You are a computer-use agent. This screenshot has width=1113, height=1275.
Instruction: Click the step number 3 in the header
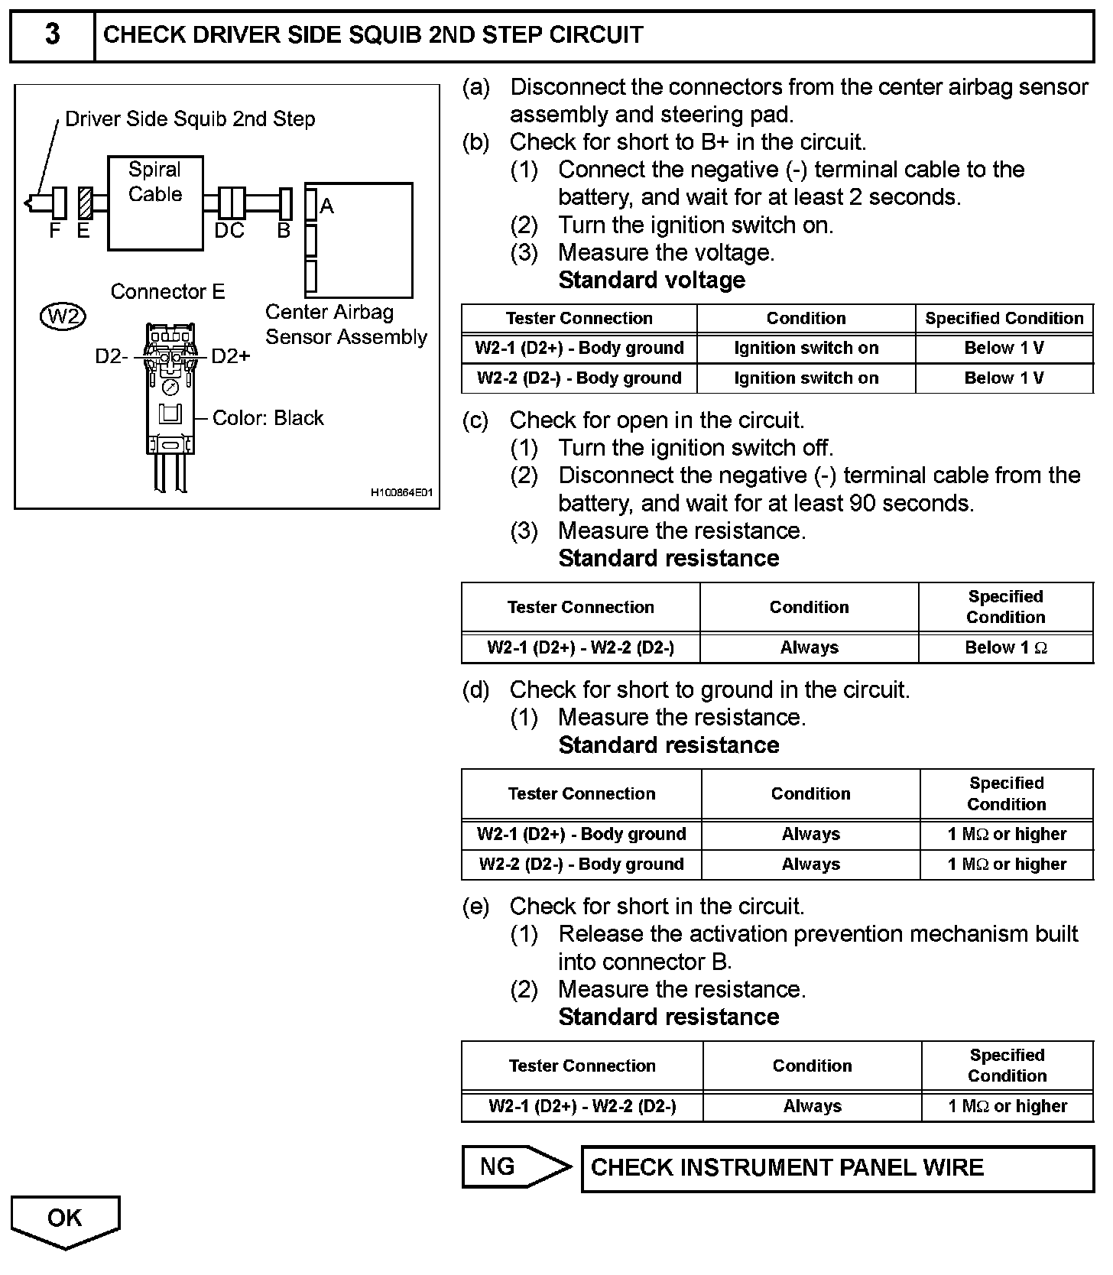pos(52,35)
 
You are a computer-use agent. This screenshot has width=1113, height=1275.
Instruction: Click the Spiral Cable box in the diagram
pos(155,203)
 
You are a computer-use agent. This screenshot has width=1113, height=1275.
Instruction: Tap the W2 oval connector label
pos(63,316)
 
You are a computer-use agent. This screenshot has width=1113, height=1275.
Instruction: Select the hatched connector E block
pos(85,203)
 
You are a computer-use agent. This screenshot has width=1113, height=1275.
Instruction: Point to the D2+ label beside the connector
pos(230,356)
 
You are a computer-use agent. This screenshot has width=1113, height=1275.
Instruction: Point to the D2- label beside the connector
pos(112,356)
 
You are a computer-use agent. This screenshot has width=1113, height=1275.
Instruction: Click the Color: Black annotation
pos(268,418)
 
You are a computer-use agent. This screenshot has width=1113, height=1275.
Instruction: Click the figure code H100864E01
pos(401,493)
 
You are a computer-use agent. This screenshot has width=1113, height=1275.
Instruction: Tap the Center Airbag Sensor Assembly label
pos(346,325)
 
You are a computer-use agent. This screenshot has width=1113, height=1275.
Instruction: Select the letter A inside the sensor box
pos(327,206)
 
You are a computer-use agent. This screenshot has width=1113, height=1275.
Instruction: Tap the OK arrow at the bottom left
pos(65,1220)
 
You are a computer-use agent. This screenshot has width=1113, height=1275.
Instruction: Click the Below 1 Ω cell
pos(1005,648)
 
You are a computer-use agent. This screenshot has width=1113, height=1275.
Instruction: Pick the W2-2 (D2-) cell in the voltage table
pos(579,378)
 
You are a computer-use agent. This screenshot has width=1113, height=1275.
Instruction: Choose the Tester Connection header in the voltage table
pos(579,319)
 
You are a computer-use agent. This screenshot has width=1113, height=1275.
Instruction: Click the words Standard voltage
pos(651,281)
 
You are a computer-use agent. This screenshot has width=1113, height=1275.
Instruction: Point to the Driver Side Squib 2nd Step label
pos(190,119)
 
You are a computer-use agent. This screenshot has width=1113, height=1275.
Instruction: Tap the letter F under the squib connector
pos(54,230)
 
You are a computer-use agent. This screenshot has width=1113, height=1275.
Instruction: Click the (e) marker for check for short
pos(475,907)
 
